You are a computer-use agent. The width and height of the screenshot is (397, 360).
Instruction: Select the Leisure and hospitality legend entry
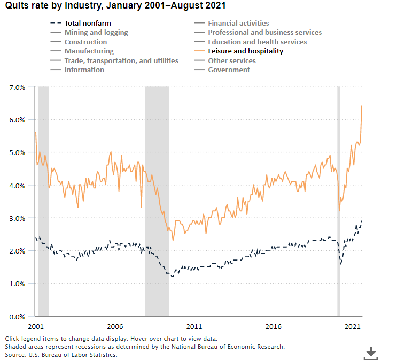tap(245, 51)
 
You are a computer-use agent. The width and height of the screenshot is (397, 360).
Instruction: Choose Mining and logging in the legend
tap(96, 33)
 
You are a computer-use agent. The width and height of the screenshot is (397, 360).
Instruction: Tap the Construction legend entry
tap(85, 42)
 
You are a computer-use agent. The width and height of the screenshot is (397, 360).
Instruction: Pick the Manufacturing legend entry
tap(89, 51)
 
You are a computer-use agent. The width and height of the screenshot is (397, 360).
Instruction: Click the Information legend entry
tap(84, 70)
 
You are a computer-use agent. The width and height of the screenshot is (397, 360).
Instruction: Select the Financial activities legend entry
tap(238, 24)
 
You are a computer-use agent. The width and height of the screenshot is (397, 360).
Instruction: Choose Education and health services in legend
tap(257, 42)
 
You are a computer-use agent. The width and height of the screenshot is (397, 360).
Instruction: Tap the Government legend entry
tap(229, 70)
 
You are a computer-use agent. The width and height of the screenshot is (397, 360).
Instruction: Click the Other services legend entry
tap(232, 60)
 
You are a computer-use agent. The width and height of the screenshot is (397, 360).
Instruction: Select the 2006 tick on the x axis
tap(114, 326)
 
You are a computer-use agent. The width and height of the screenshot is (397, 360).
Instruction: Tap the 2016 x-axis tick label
tap(273, 326)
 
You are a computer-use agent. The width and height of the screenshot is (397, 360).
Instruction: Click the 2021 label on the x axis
tap(352, 326)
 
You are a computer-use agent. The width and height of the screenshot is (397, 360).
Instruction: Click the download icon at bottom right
tap(370, 351)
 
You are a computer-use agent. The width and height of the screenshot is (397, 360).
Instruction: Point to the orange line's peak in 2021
tap(362, 106)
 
